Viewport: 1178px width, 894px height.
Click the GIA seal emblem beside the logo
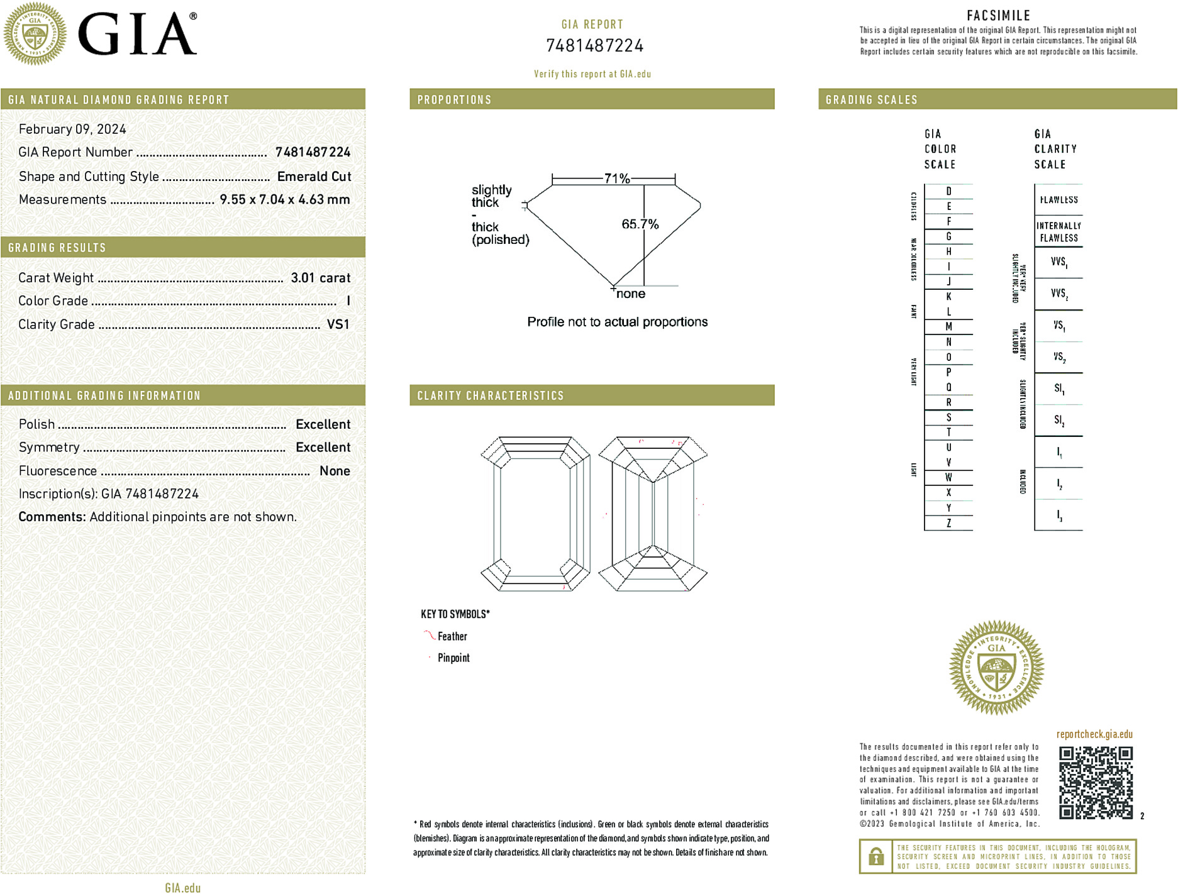pos(35,34)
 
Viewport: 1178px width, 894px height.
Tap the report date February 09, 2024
pos(72,130)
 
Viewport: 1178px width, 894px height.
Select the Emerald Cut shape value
pos(314,177)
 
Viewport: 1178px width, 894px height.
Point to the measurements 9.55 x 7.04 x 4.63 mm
pos(284,200)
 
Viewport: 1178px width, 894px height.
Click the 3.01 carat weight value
pos(320,278)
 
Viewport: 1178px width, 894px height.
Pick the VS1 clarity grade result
pos(338,324)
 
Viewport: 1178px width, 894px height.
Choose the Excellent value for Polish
pos(323,424)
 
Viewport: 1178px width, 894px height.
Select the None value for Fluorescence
pos(335,471)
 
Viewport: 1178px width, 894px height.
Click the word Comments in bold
pos(52,517)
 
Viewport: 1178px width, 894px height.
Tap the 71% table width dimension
pos(616,179)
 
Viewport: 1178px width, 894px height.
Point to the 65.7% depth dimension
pos(640,224)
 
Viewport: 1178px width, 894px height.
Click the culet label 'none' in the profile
pos(631,294)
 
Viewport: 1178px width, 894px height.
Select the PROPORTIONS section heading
pos(454,100)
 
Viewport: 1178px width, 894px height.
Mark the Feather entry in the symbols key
pos(452,636)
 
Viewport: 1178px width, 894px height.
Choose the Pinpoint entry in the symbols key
pos(453,658)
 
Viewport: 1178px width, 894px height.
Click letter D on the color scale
pos(948,191)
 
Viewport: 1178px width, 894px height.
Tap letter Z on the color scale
pos(948,523)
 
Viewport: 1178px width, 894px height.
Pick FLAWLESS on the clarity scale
pos(1059,200)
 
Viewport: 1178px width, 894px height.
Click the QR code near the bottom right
pos(1096,783)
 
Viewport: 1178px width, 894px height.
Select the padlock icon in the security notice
pos(875,856)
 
